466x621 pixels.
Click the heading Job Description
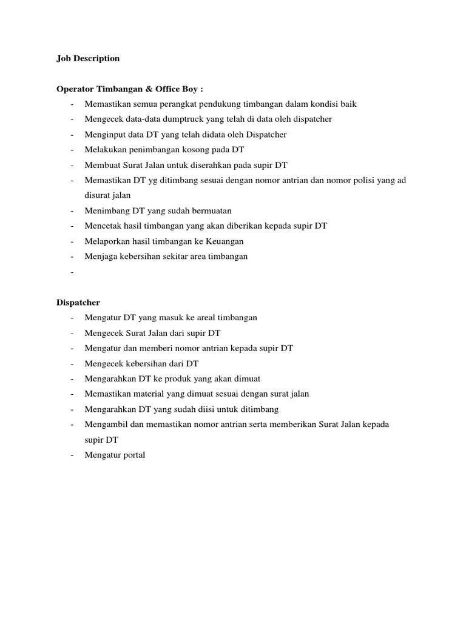pos(88,58)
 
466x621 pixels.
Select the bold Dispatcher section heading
pos(78,302)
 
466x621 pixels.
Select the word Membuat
pos(101,165)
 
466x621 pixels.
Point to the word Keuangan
pos(228,241)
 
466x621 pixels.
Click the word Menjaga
pos(100,256)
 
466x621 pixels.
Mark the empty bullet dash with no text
pos(72,272)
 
